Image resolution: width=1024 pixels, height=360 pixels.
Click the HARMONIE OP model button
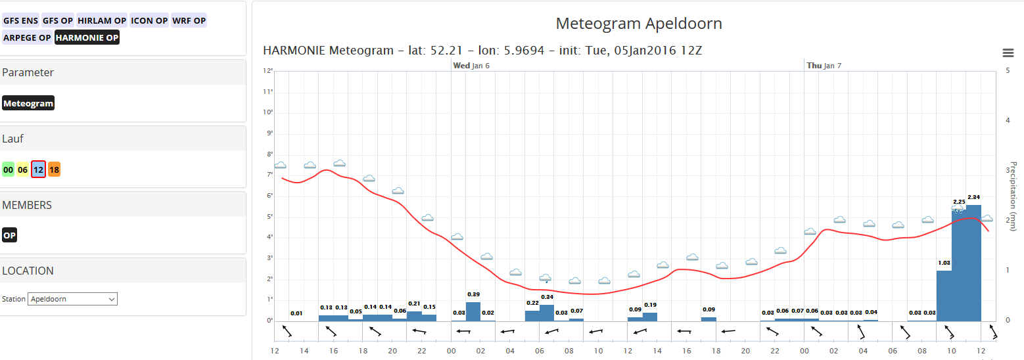(x=87, y=37)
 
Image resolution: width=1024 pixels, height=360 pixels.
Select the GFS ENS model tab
(x=20, y=20)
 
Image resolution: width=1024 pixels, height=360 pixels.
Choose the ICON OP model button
(x=149, y=20)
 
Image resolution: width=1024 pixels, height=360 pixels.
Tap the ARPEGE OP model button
(x=27, y=37)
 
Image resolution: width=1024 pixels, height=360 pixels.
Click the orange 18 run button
(x=54, y=169)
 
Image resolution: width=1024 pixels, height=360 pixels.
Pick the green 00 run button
(x=8, y=169)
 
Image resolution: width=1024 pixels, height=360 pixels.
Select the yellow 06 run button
(x=23, y=169)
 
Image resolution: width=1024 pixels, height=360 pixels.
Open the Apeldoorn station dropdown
(x=72, y=299)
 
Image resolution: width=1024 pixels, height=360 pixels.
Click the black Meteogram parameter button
(x=28, y=103)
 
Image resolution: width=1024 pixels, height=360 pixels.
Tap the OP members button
(x=9, y=235)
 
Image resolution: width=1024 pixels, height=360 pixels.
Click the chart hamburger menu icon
(x=1008, y=53)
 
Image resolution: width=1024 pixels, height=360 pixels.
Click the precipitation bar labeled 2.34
(x=973, y=263)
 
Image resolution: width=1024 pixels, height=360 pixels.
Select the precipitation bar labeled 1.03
(x=944, y=296)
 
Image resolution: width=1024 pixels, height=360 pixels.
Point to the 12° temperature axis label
(x=268, y=71)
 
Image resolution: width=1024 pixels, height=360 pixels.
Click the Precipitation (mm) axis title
(x=1013, y=196)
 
